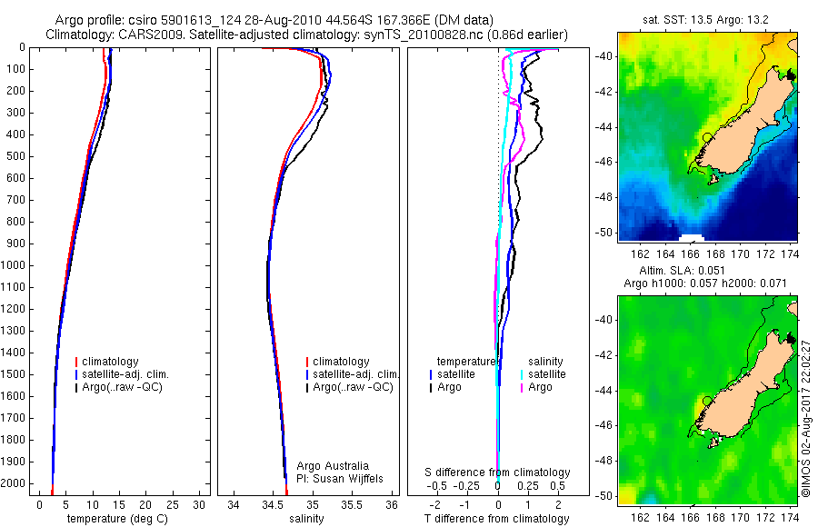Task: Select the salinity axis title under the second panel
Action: click(x=307, y=519)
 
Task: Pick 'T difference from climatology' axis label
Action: click(x=497, y=519)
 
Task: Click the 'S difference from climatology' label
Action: click(x=498, y=472)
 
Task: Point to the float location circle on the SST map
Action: click(x=707, y=136)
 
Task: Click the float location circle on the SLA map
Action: click(x=707, y=400)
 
